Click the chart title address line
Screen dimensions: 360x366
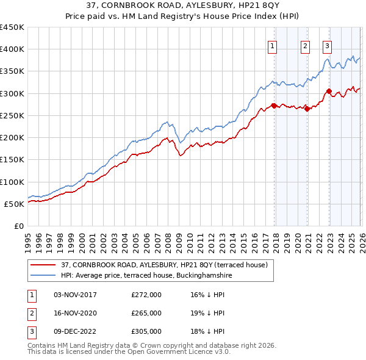[x=183, y=6]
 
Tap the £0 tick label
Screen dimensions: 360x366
[x=19, y=226]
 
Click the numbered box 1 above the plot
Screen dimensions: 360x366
[x=272, y=45]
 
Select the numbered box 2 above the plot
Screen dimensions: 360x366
[x=305, y=45]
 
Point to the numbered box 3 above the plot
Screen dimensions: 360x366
[x=328, y=45]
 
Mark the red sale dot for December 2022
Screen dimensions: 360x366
[x=329, y=92]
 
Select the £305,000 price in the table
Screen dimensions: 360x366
[x=146, y=331]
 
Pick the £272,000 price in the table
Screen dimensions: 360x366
[x=146, y=295]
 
